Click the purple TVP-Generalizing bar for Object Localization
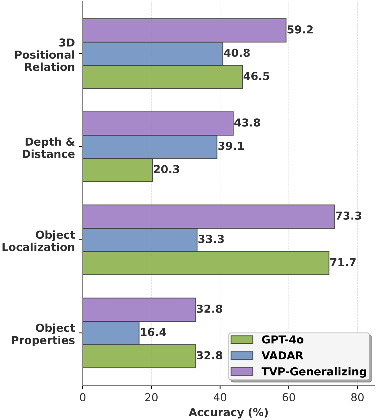click(209, 217)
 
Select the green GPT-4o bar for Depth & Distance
click(118, 170)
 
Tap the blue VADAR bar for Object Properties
click(111, 333)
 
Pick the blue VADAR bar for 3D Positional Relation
click(153, 54)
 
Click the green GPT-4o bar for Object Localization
click(206, 263)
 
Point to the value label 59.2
click(300, 30)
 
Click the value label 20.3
click(166, 170)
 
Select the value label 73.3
click(348, 216)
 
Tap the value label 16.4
click(153, 332)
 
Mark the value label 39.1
click(231, 146)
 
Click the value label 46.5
click(257, 77)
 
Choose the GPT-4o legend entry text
click(282, 340)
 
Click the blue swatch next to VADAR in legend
click(242, 356)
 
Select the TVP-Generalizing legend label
click(314, 372)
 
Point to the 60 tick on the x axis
click(288, 398)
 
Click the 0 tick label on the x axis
click(83, 398)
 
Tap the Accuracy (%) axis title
click(228, 413)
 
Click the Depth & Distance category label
click(49, 148)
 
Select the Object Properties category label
click(43, 334)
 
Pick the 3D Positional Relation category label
click(45, 55)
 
